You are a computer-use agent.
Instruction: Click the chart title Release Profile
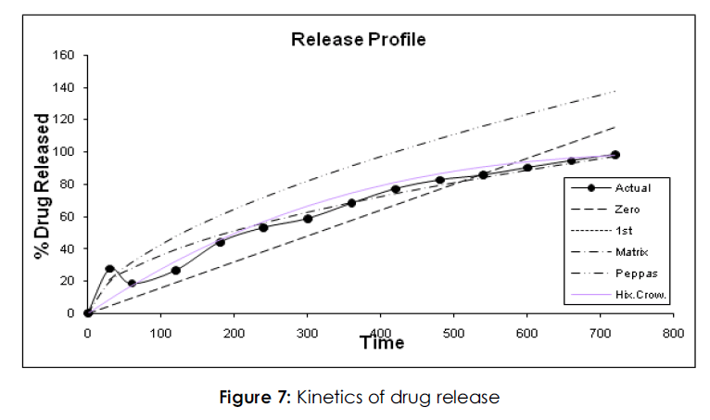tap(358, 39)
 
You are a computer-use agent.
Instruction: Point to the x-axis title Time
tap(382, 343)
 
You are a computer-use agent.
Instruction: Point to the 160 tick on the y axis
tap(65, 55)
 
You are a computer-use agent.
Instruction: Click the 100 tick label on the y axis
tap(65, 152)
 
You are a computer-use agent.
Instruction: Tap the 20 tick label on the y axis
tap(68, 281)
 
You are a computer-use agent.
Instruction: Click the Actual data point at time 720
tap(615, 155)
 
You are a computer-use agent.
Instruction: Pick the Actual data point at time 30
tap(109, 269)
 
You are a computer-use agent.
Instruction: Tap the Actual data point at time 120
tap(175, 271)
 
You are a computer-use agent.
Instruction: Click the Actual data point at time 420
tap(395, 189)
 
